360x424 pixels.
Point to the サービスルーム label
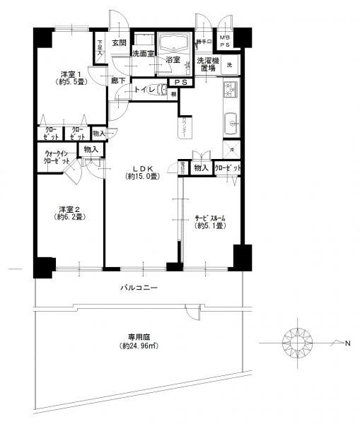click(210, 218)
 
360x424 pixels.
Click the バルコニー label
click(138, 288)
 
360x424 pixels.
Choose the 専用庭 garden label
click(139, 338)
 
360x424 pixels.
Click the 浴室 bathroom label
click(172, 61)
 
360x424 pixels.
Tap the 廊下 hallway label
click(118, 81)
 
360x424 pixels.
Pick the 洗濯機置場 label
click(209, 64)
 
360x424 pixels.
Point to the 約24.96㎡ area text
click(139, 346)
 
